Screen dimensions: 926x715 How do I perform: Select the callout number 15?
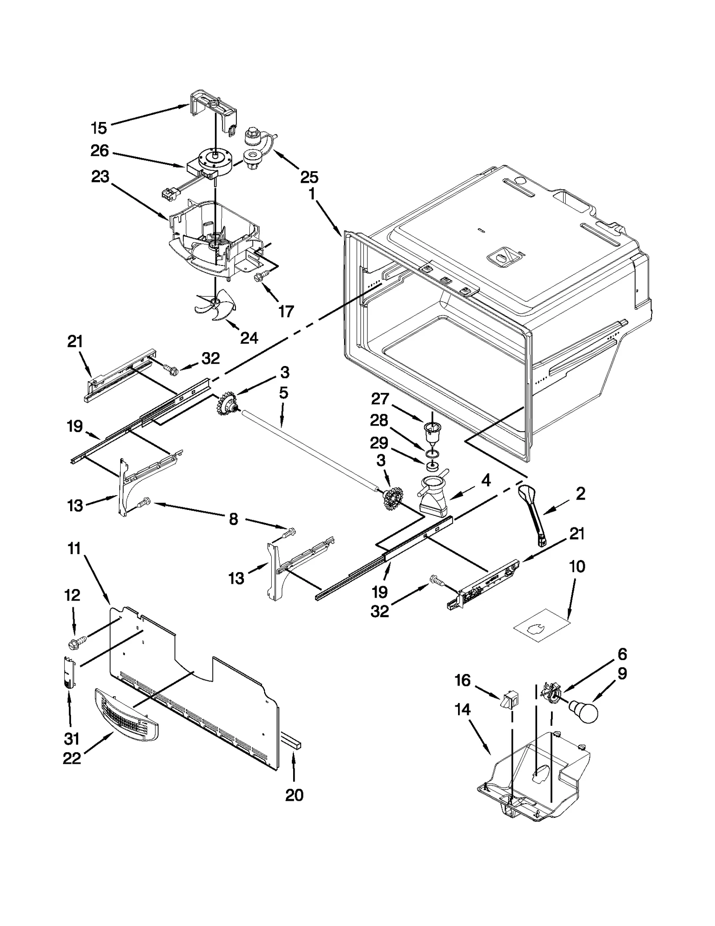coord(99,128)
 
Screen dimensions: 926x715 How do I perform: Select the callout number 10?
coord(577,566)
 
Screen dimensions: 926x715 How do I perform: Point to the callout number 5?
coord(283,393)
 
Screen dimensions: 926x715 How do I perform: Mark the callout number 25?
coord(309,177)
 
